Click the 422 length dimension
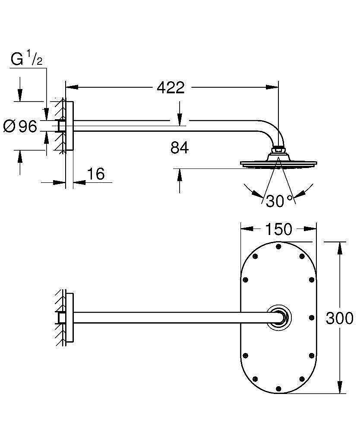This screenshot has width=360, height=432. pyautogui.click(x=171, y=88)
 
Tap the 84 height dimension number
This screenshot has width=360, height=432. pyautogui.click(x=180, y=148)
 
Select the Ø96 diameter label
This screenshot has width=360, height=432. pyautogui.click(x=20, y=127)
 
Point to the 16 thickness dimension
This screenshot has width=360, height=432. pyautogui.click(x=96, y=174)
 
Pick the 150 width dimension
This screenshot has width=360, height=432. pyautogui.click(x=278, y=229)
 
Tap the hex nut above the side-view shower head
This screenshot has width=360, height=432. pyautogui.click(x=279, y=151)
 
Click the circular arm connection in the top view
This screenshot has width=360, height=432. pyautogui.click(x=278, y=318)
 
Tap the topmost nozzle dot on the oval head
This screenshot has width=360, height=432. pyautogui.click(x=278, y=247)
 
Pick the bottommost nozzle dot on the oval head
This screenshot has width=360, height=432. pyautogui.click(x=278, y=388)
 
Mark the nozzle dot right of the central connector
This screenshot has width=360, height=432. pyautogui.click(x=312, y=318)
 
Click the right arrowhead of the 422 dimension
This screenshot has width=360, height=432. pyautogui.click(x=273, y=88)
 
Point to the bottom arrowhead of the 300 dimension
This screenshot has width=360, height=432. pyautogui.click(x=341, y=387)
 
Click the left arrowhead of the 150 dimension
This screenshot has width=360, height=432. pyautogui.click(x=246, y=229)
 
